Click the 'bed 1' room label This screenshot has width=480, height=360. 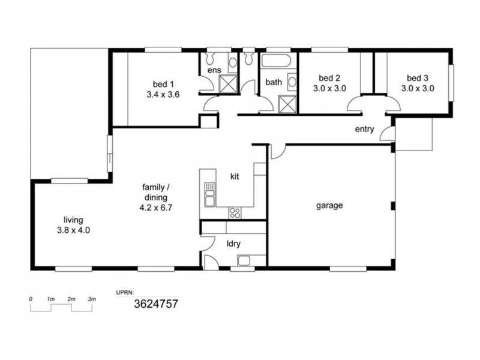[163, 83]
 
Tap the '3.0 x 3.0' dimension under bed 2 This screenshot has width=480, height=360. [329, 88]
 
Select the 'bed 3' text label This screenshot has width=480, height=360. [418, 77]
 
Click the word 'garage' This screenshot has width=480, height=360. [329, 205]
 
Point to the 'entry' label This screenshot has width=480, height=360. [364, 129]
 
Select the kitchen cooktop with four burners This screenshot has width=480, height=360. [235, 212]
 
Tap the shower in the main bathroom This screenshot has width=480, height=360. [288, 103]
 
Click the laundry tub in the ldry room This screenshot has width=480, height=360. [243, 260]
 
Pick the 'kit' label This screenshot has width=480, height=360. [236, 176]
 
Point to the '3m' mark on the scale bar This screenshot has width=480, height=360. [92, 298]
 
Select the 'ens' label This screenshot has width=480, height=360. [214, 70]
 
